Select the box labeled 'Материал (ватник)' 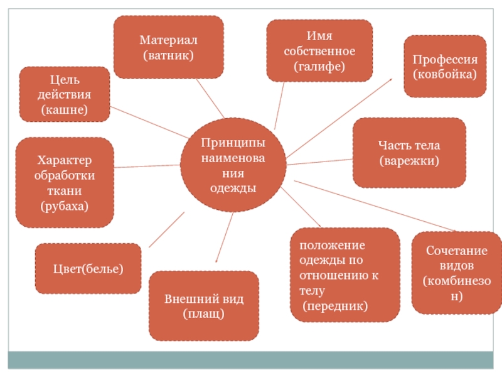[168, 47]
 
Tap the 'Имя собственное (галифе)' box [319, 50]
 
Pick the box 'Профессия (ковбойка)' [445, 67]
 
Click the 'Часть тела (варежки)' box [409, 153]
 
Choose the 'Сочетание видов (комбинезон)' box [456, 273]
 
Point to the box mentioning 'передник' [344, 275]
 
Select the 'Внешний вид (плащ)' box [204, 306]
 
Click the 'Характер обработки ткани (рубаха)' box [65, 182]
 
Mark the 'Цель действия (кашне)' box [65, 94]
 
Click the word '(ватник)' [168, 55]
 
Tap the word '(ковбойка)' [445, 74]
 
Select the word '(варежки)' [409, 161]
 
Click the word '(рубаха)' [65, 205]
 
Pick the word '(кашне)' [65, 109]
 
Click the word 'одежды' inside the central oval [233, 188]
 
